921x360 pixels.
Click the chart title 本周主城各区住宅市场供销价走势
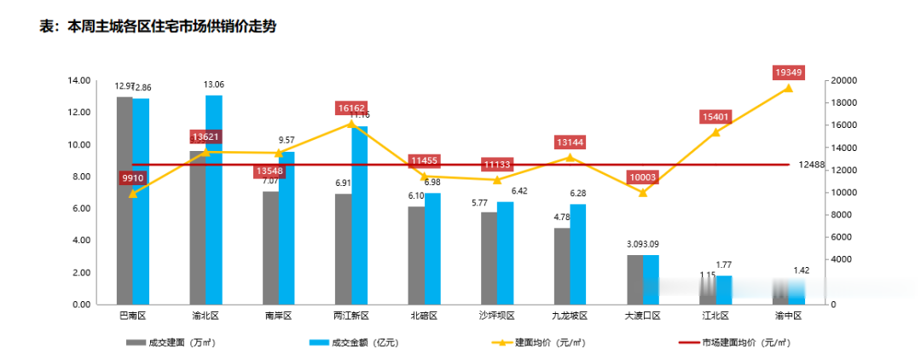158,26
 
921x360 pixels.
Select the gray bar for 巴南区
125,200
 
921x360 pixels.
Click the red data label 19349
788,73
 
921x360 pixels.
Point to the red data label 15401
715,117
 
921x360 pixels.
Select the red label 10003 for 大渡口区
643,177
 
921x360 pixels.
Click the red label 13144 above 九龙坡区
570,142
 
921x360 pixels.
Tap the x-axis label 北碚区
424,316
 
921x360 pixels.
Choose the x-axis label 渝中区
789,316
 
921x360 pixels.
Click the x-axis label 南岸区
278,316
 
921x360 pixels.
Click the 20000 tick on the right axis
845,80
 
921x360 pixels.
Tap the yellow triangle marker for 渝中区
788,88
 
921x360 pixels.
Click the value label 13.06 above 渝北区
214,84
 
